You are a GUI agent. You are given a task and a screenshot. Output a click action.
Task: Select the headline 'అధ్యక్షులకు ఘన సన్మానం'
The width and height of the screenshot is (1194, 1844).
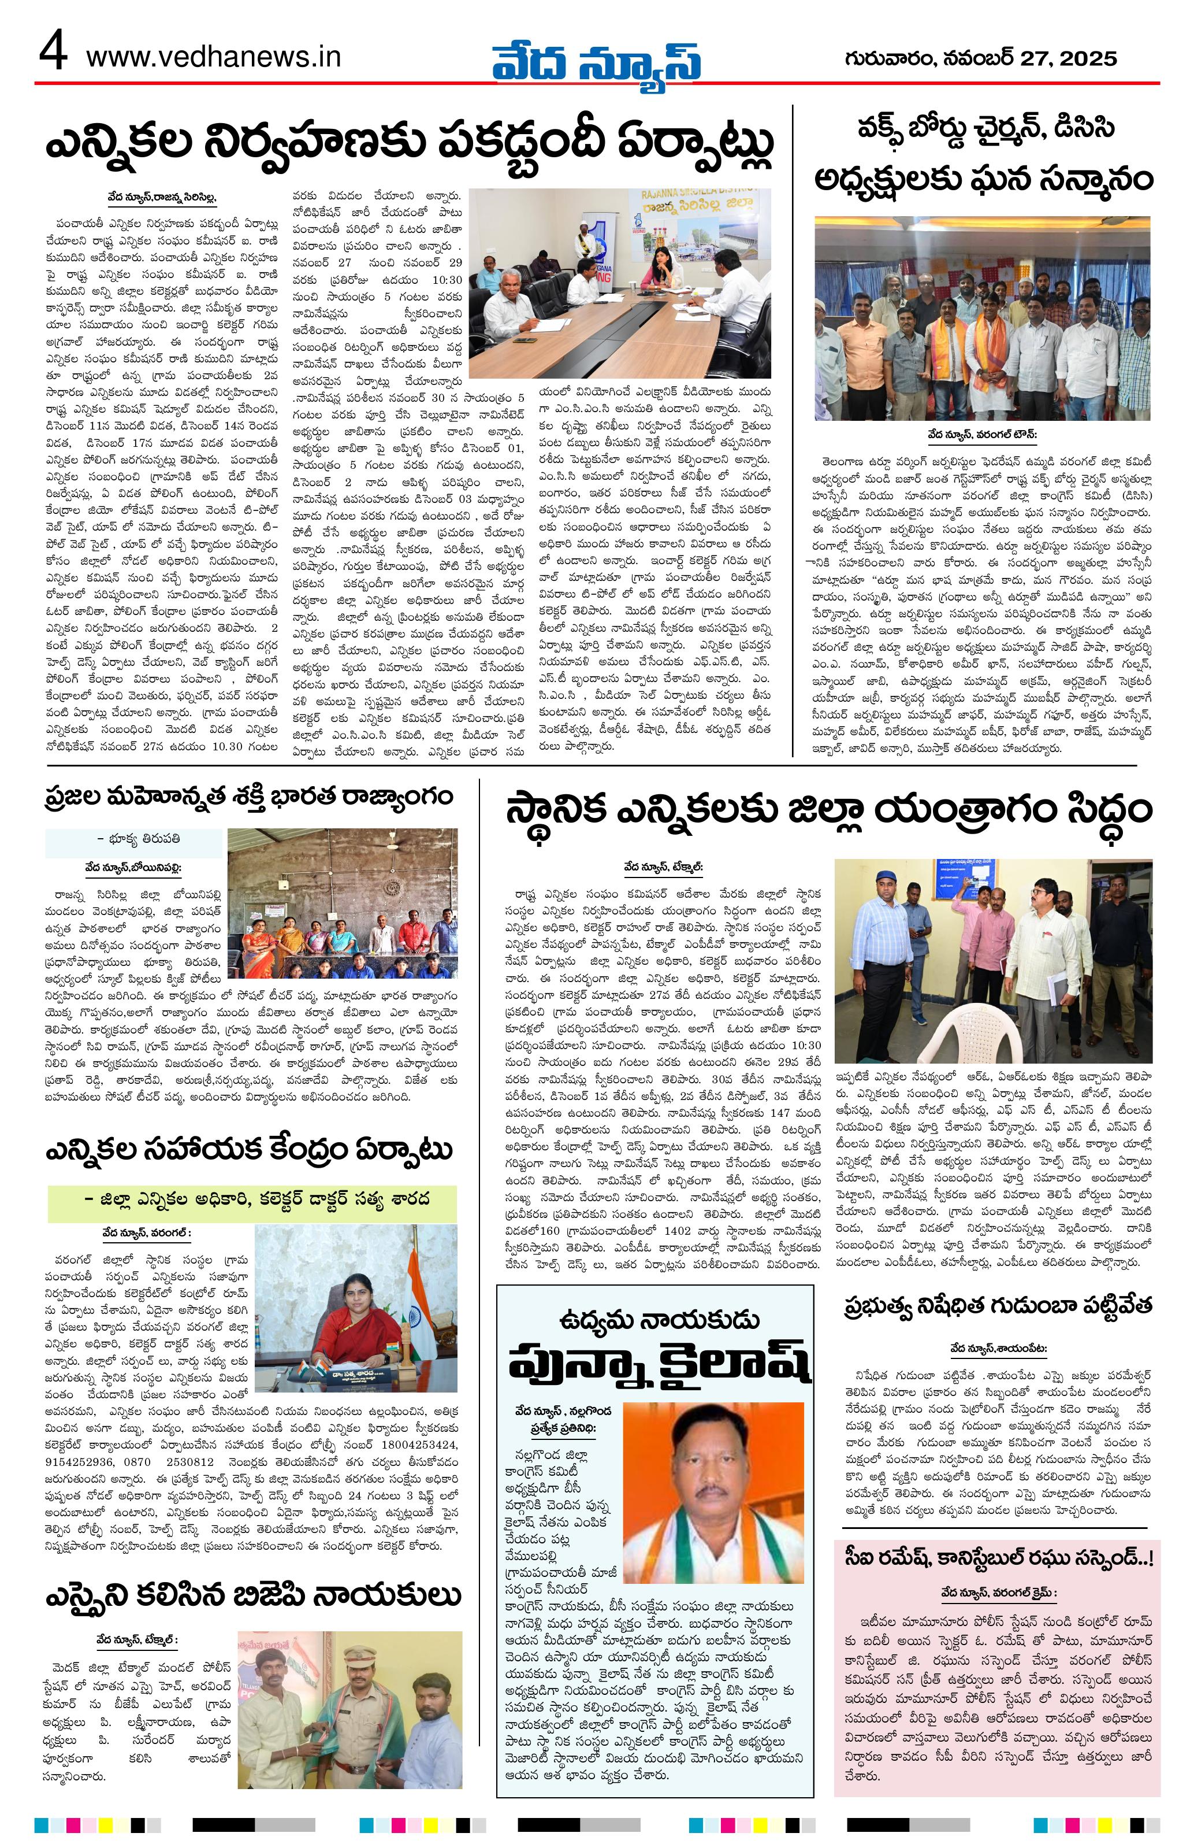click(983, 180)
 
